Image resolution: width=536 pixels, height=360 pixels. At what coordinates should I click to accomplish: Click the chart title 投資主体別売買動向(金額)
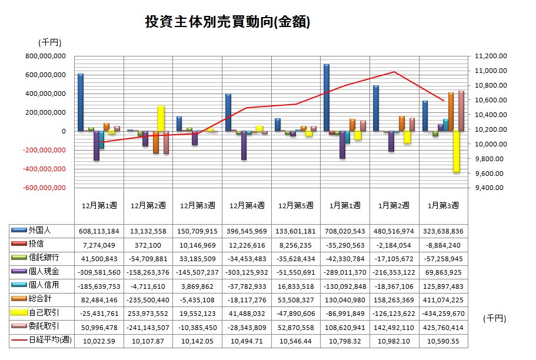pos(227,22)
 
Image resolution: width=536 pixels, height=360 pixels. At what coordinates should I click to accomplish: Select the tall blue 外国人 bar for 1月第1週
pos(326,97)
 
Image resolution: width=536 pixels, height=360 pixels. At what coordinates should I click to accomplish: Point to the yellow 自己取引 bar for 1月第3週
pos(455,152)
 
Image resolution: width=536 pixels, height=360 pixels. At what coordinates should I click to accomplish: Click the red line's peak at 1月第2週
pos(394,72)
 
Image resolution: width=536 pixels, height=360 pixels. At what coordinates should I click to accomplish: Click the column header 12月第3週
pos(197,205)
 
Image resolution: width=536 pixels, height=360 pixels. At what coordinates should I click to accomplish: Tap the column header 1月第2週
pos(394,205)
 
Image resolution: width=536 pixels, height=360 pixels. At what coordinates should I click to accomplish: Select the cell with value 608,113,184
pos(98,231)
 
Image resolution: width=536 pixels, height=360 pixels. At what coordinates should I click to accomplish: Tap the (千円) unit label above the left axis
pos(49,42)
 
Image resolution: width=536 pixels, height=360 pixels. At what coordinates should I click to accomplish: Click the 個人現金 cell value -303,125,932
pos(246,272)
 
